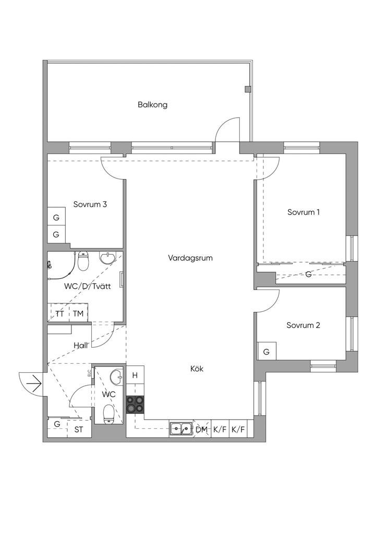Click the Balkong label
pyautogui.click(x=153, y=105)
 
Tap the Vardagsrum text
pyautogui.click(x=190, y=258)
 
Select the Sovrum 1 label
pyautogui.click(x=303, y=212)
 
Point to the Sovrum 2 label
pyautogui.click(x=303, y=325)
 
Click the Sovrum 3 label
pyautogui.click(x=90, y=205)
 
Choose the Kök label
pyautogui.click(x=197, y=369)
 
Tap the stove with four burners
pyautogui.click(x=135, y=404)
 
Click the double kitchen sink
pyautogui.click(x=181, y=429)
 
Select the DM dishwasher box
pyautogui.click(x=202, y=429)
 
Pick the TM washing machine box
pyautogui.click(x=78, y=313)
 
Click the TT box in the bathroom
pyautogui.click(x=59, y=313)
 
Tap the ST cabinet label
pyautogui.click(x=79, y=429)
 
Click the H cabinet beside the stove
pyautogui.click(x=135, y=375)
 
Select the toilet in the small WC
pyautogui.click(x=109, y=413)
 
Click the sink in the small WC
pyautogui.click(x=116, y=377)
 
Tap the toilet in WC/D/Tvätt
pyautogui.click(x=83, y=261)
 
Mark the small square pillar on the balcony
pyautogui.click(x=248, y=89)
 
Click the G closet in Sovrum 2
pyautogui.click(x=266, y=351)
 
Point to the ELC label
pyautogui.click(x=89, y=373)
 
